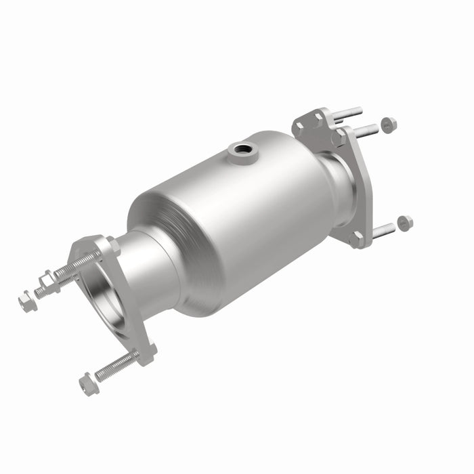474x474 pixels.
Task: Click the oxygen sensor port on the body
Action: [238, 150]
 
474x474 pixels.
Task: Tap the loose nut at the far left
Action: [26, 301]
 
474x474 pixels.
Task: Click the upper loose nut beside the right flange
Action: [388, 125]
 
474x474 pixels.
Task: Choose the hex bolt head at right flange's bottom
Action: [355, 239]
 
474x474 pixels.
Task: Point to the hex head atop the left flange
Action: [112, 245]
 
